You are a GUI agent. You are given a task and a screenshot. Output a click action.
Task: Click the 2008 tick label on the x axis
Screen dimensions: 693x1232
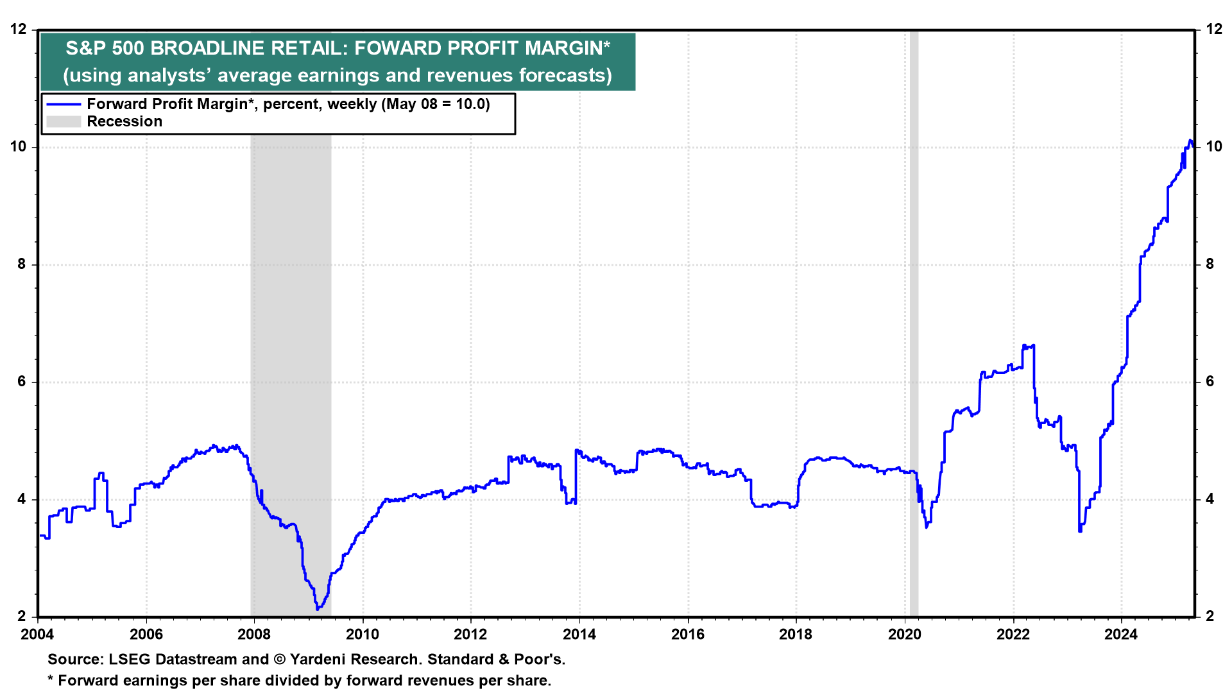click(x=254, y=635)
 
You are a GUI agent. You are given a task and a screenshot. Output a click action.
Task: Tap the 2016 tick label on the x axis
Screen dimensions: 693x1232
click(x=688, y=635)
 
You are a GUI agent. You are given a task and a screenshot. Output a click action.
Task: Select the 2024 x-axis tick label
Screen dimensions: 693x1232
click(x=1121, y=635)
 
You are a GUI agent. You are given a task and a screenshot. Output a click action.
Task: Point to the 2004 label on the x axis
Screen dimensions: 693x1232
click(x=38, y=635)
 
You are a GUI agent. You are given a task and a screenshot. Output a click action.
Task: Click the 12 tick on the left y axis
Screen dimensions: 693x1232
click(x=19, y=29)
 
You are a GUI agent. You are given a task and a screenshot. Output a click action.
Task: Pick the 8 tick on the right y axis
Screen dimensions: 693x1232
click(x=1210, y=264)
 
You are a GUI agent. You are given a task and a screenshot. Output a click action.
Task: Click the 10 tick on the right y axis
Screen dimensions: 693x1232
click(x=1213, y=147)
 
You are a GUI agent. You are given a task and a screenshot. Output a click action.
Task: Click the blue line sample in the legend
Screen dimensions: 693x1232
click(x=64, y=105)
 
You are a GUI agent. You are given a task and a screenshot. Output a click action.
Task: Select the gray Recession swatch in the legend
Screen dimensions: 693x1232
click(x=64, y=122)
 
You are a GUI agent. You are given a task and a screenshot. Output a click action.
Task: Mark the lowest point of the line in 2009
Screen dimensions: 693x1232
click(x=317, y=608)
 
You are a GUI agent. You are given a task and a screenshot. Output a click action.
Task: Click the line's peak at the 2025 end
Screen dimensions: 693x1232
click(x=1190, y=141)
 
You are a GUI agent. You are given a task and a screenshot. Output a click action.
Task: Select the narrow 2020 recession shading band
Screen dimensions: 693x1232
click(x=914, y=321)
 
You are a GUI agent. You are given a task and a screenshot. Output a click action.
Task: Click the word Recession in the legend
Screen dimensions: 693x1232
click(x=124, y=122)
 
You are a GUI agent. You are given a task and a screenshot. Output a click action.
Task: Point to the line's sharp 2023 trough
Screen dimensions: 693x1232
click(x=1080, y=531)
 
